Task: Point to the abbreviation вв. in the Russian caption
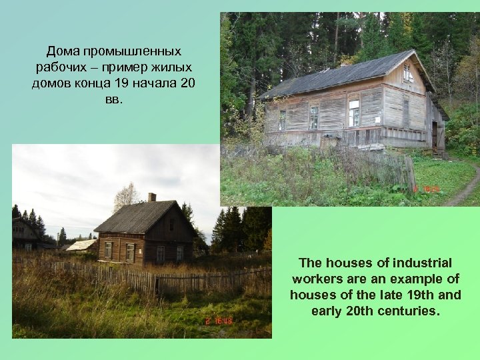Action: pyautogui.click(x=114, y=101)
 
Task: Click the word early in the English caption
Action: pyautogui.click(x=327, y=311)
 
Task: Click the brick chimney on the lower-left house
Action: pyautogui.click(x=152, y=197)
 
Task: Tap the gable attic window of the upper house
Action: pyautogui.click(x=407, y=71)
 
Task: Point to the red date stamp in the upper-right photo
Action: pyautogui.click(x=427, y=189)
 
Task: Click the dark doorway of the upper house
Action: pyautogui.click(x=435, y=135)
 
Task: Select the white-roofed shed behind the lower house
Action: pyautogui.click(x=81, y=245)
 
